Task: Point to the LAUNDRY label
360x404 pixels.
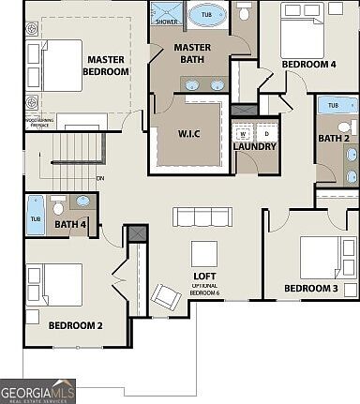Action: [x=255, y=146]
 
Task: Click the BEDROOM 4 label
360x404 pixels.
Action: [x=308, y=65]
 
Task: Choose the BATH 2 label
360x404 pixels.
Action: [x=333, y=139]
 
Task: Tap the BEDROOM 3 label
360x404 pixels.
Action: [x=311, y=288]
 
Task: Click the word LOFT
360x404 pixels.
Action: [x=204, y=276]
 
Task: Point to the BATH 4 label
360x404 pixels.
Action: [x=71, y=224]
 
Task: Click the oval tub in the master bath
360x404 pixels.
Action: [x=205, y=16]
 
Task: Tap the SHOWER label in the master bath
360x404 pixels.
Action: [x=167, y=21]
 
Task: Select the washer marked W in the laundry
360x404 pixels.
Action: [x=244, y=133]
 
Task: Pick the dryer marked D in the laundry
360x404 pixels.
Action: [x=265, y=133]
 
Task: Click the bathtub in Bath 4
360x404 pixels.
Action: [x=36, y=214]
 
